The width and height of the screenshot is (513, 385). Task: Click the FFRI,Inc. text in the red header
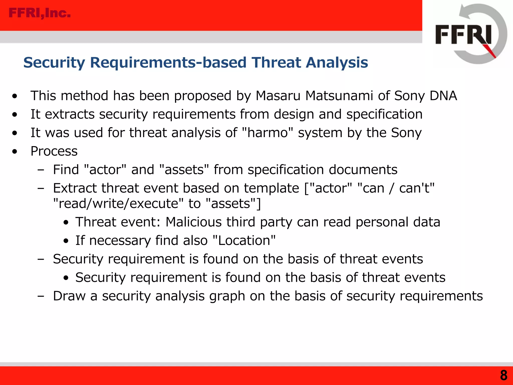tap(40, 13)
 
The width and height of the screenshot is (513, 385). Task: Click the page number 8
tap(503, 375)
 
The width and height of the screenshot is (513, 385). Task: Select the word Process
tap(54, 151)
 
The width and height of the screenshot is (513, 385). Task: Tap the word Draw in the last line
tap(69, 296)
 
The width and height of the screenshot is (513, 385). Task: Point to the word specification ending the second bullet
tap(384, 114)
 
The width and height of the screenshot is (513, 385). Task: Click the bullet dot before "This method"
tap(15, 96)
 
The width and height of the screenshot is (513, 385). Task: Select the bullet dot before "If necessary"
tap(66, 241)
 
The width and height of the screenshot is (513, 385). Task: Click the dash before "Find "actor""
tap(41, 170)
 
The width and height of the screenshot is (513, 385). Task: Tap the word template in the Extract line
tap(272, 188)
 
